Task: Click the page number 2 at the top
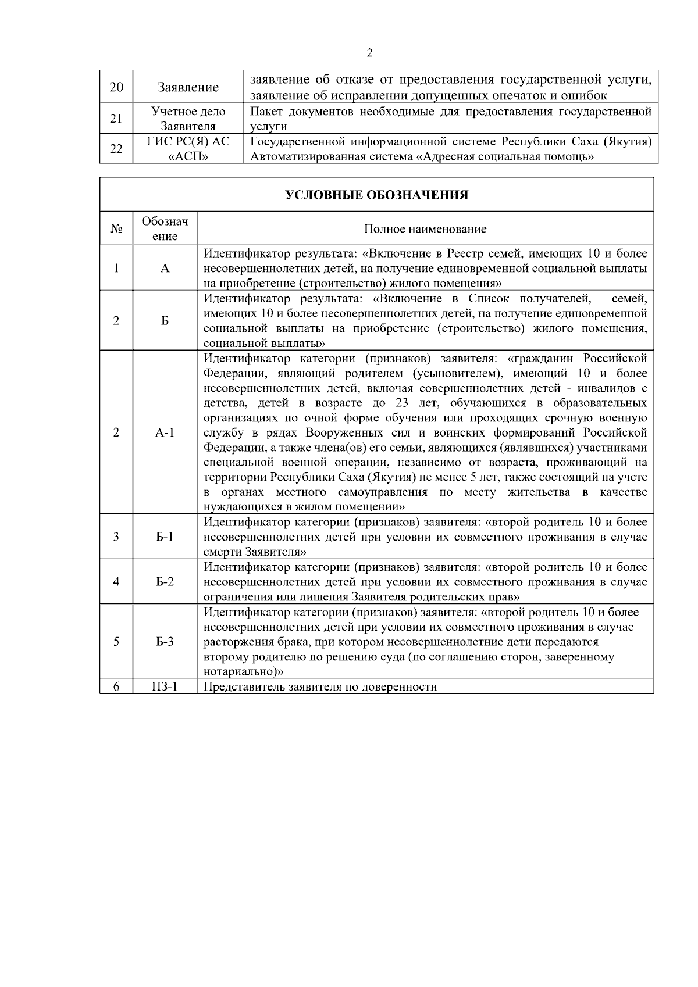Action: click(x=370, y=53)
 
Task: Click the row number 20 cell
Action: click(x=116, y=87)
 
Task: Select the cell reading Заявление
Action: click(x=188, y=87)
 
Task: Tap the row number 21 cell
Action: click(x=116, y=119)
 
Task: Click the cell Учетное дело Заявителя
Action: click(x=188, y=119)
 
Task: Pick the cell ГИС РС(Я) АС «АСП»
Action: click(x=188, y=149)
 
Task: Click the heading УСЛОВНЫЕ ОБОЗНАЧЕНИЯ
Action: click(x=377, y=195)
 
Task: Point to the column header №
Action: click(x=116, y=229)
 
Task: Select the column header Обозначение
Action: click(x=165, y=229)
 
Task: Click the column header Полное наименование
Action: click(x=425, y=229)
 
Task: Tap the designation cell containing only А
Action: click(x=165, y=269)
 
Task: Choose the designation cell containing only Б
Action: click(x=165, y=321)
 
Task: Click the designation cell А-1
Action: click(x=165, y=432)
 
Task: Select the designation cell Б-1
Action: click(x=165, y=537)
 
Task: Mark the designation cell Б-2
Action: click(x=165, y=582)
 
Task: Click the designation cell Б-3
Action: click(x=165, y=642)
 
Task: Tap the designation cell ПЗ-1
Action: click(x=165, y=687)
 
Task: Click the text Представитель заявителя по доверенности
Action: click(x=320, y=687)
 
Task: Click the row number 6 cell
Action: click(x=116, y=687)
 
